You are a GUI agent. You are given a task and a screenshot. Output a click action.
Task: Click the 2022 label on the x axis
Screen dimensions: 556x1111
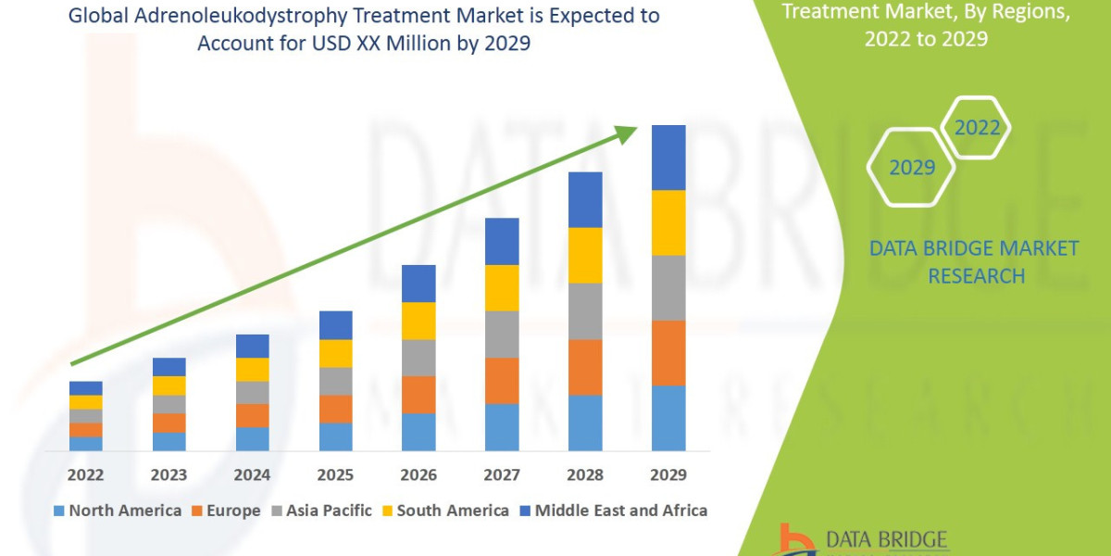[85, 474]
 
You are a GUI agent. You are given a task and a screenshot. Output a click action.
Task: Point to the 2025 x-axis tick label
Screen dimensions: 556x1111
[335, 474]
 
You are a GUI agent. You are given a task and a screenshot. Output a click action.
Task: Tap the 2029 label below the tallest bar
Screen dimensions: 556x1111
[668, 474]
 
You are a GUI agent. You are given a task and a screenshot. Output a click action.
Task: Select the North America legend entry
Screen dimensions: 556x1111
[118, 511]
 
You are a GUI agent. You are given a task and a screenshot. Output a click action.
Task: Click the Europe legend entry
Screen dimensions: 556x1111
[227, 511]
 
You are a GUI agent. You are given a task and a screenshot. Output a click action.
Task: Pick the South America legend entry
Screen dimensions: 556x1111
[444, 511]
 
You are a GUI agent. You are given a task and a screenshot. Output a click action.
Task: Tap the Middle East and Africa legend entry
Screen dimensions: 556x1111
[612, 511]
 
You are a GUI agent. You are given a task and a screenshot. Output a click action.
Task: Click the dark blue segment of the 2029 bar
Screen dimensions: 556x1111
[668, 158]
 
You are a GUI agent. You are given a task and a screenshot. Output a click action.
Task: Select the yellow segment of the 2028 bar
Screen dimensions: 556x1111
[585, 255]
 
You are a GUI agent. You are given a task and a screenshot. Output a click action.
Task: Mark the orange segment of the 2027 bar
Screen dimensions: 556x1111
[502, 380]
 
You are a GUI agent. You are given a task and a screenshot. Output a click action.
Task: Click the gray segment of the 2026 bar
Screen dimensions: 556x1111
[418, 358]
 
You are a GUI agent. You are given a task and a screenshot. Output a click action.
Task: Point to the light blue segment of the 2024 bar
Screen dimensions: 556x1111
[252, 438]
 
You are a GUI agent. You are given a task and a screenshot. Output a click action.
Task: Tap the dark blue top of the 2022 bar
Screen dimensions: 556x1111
[85, 387]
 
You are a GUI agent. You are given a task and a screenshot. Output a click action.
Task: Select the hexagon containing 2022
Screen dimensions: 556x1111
[976, 128]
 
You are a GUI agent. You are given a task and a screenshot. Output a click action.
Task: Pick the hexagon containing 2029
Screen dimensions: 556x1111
[911, 168]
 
